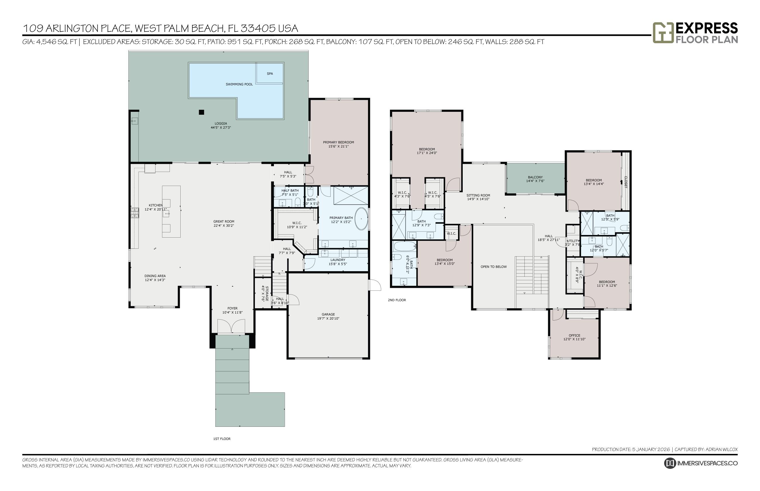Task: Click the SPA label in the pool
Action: coord(270,74)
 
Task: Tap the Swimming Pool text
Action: coord(239,84)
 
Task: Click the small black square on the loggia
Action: coord(201,112)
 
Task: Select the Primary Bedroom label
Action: coord(338,142)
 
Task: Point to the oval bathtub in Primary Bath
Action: coord(362,219)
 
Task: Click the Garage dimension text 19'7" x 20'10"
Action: coord(328,318)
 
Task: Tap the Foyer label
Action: coord(232,308)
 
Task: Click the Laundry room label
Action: coord(338,260)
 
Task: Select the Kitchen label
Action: coord(156,205)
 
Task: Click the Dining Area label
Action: coord(155,276)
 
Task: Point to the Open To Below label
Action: coord(493,267)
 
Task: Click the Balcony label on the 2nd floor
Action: coord(535,177)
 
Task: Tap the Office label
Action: coord(574,335)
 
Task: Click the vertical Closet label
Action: coord(626,182)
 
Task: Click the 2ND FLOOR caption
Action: coord(397,300)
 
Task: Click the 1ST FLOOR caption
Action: coord(222,439)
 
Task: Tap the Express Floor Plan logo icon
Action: coord(663,32)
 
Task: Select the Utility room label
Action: coord(573,241)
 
